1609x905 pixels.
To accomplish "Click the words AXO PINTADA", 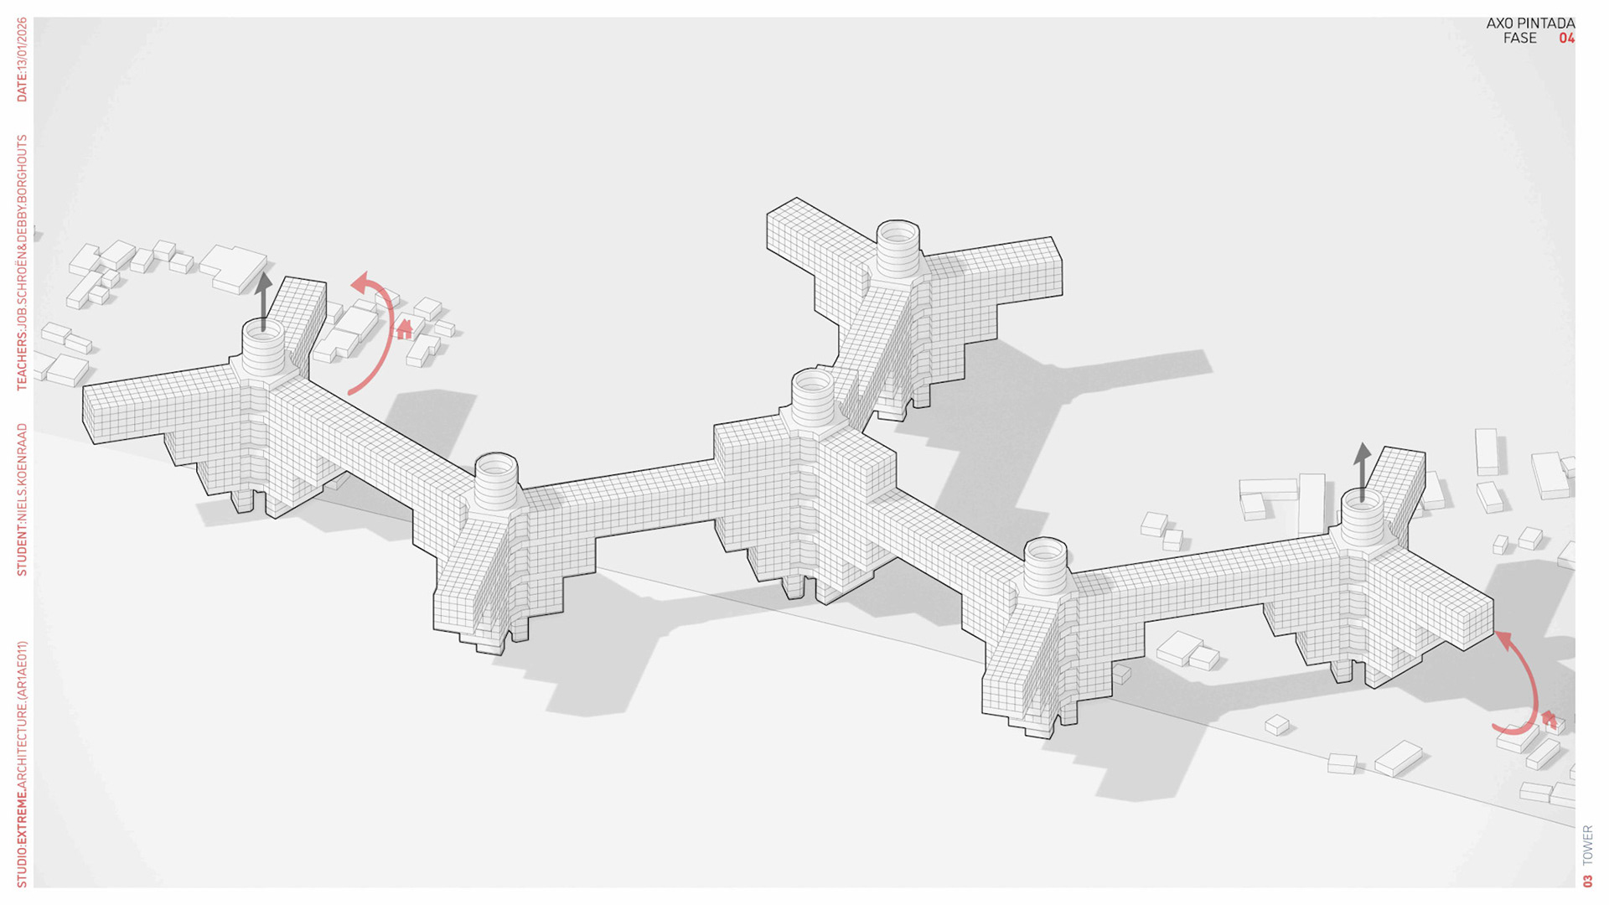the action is click(x=1529, y=23).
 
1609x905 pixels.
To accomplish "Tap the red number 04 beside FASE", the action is click(x=1566, y=39).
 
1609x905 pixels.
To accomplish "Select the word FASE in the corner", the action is click(x=1519, y=39).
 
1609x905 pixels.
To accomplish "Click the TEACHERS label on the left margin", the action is click(x=22, y=262).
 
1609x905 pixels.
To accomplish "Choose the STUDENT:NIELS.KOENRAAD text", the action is click(x=22, y=499).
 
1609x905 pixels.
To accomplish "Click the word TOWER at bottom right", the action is click(x=1587, y=846).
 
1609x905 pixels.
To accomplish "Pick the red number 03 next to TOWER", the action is click(x=1587, y=881).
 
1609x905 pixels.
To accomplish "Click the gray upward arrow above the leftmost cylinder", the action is click(x=263, y=297).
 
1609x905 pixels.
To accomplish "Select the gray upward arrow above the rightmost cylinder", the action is click(x=1363, y=469).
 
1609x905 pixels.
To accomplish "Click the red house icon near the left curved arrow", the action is click(x=405, y=329).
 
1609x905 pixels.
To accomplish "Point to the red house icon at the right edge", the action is click(x=1549, y=719).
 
